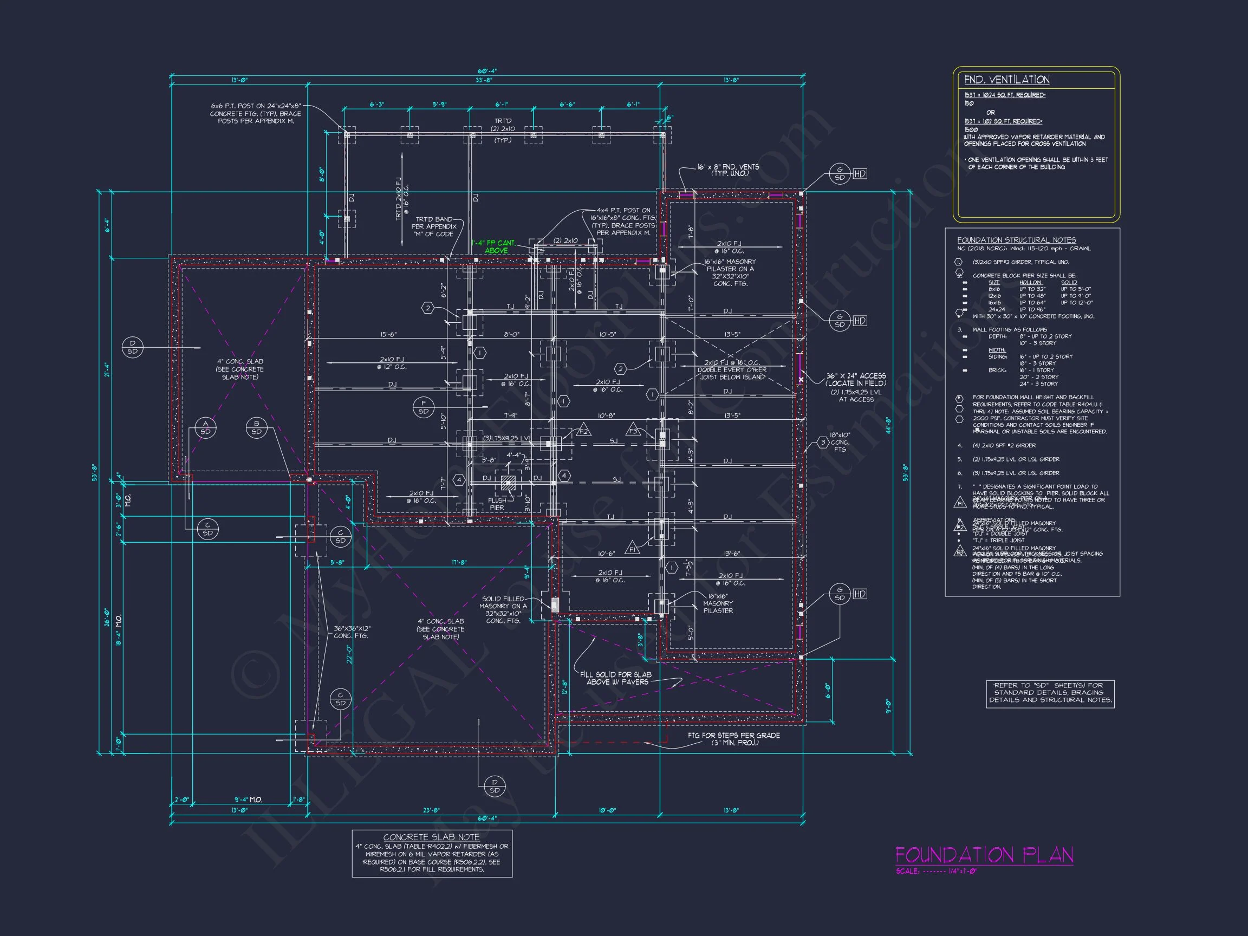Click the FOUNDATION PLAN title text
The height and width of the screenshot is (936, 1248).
pyautogui.click(x=984, y=855)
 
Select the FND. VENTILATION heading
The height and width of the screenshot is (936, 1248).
pyautogui.click(x=1006, y=80)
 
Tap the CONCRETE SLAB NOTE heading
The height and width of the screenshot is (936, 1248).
pyautogui.click(x=431, y=837)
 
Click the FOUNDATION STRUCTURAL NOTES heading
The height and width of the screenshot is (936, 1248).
pyautogui.click(x=1016, y=240)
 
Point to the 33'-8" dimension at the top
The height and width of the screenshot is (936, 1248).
pyautogui.click(x=484, y=80)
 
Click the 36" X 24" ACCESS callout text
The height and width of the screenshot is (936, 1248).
pyautogui.click(x=855, y=379)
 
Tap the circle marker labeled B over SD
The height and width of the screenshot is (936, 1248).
pyautogui.click(x=257, y=428)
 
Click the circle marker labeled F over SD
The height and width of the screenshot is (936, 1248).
pyautogui.click(x=423, y=407)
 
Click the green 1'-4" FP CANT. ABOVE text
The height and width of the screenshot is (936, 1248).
pyautogui.click(x=495, y=246)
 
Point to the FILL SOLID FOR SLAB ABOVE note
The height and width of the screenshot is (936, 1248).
pyautogui.click(x=615, y=678)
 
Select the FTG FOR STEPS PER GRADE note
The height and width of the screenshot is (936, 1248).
pyautogui.click(x=733, y=738)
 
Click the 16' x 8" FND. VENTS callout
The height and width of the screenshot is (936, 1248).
pyautogui.click(x=728, y=170)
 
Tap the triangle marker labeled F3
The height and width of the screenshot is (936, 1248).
pyautogui.click(x=633, y=430)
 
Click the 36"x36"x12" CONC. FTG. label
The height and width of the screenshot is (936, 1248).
pyautogui.click(x=352, y=632)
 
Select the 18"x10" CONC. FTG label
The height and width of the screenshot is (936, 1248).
pyautogui.click(x=840, y=442)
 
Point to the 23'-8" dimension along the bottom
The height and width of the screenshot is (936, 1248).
pyautogui.click(x=431, y=810)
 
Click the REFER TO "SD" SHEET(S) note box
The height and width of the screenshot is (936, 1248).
pyautogui.click(x=1050, y=693)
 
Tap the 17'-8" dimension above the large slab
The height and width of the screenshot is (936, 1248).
pyautogui.click(x=459, y=562)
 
